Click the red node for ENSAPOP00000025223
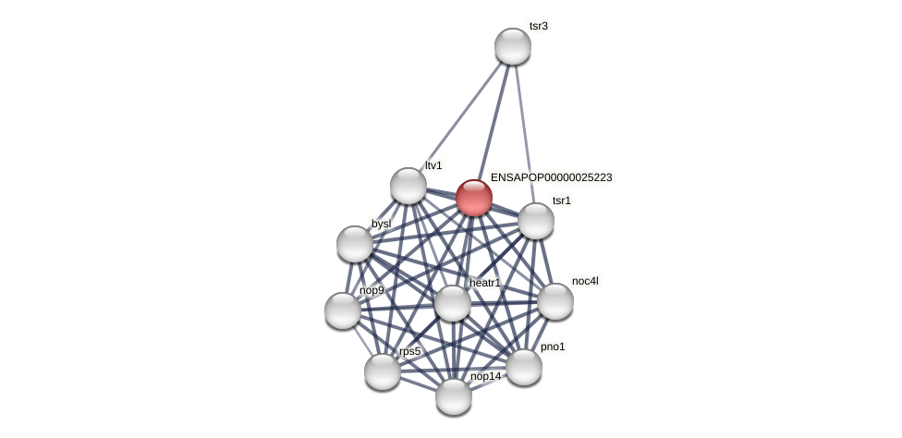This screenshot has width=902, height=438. [x=474, y=198]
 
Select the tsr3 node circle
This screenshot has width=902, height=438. [x=513, y=46]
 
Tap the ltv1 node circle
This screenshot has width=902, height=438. [x=408, y=186]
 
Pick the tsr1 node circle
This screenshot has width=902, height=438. [x=536, y=221]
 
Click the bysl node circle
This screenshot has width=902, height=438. [x=355, y=244]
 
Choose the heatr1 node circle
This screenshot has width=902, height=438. [x=453, y=303]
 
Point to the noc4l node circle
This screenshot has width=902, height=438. [x=555, y=301]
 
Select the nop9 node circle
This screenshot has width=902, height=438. [x=343, y=310]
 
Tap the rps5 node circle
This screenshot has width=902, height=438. [x=383, y=371]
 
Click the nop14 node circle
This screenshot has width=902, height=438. [x=454, y=396]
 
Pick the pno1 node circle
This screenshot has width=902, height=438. [x=524, y=367]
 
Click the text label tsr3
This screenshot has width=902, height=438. [x=539, y=26]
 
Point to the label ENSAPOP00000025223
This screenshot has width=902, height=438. [x=551, y=177]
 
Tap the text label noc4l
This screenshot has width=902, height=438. [x=585, y=281]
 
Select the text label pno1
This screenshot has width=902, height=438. [x=553, y=347]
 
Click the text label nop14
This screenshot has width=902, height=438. [x=485, y=376]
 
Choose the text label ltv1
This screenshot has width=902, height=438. [x=433, y=165]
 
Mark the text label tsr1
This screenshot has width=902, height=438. [x=562, y=201]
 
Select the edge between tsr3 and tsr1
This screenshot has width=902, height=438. [x=524, y=133]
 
